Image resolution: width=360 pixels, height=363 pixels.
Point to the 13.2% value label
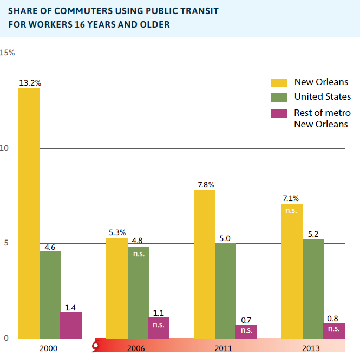(x=30, y=83)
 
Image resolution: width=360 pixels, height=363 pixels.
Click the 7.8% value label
(x=206, y=185)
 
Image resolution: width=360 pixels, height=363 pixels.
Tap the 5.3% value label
(x=117, y=232)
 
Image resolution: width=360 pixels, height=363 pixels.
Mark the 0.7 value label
(x=246, y=320)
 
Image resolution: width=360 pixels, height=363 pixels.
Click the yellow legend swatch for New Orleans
(x=279, y=82)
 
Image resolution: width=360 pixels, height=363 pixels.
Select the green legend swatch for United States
(x=279, y=98)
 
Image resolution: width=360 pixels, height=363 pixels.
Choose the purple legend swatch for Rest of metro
(x=279, y=114)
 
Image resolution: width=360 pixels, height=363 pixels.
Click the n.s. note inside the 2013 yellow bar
(x=291, y=210)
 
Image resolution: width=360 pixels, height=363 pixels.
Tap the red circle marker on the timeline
(x=96, y=343)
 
